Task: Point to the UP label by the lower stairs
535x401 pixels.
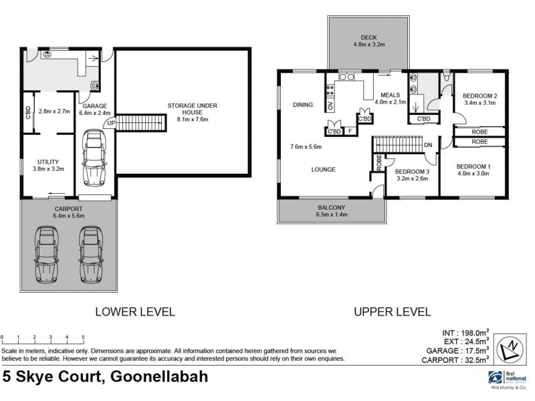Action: pos(111,123)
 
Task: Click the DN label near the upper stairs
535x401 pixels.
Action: pos(428,145)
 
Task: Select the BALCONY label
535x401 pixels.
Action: pos(331,208)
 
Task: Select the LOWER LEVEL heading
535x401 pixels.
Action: pos(135,311)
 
